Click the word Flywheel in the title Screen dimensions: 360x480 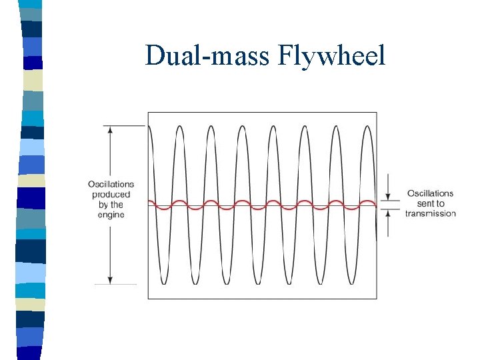pos(337,55)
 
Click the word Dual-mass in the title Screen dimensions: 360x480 pos(207,55)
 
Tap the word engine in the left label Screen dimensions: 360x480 pos(111,215)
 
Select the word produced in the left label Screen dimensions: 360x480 pos(111,195)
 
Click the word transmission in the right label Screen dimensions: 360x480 pos(431,213)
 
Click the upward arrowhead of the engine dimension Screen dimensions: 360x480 pos(110,129)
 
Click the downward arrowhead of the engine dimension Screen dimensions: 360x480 pos(110,280)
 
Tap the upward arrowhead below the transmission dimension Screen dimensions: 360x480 pos(388,213)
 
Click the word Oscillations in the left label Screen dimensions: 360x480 pos(111,185)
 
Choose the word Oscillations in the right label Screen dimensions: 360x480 pos(431,193)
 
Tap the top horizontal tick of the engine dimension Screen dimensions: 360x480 pos(123,125)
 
